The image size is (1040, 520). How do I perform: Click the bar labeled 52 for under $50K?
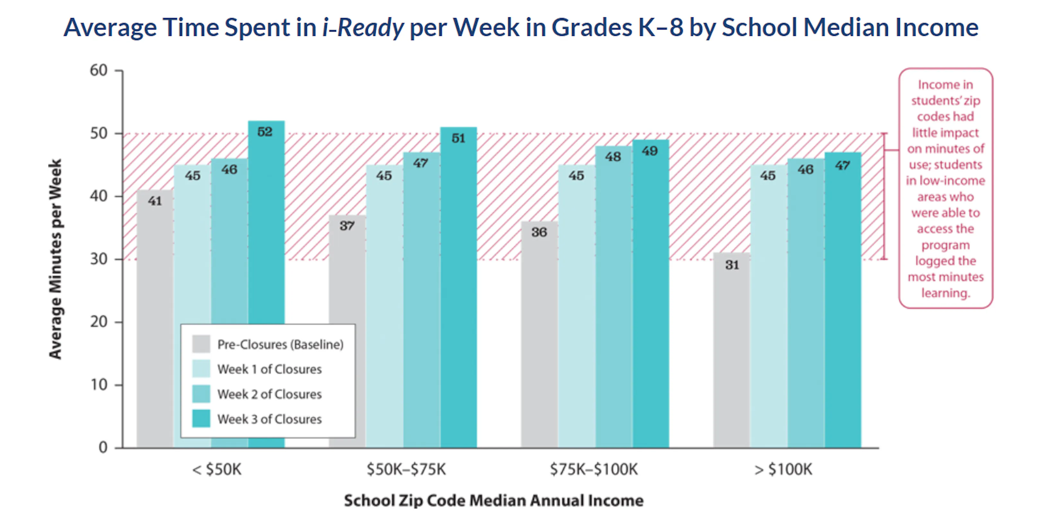(x=266, y=226)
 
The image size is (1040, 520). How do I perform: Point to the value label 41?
(x=155, y=201)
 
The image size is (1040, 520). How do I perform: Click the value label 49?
(x=650, y=151)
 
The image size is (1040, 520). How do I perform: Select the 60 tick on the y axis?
(x=99, y=71)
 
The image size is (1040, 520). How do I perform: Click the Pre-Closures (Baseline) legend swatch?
(x=201, y=344)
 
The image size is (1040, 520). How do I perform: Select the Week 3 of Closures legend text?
(x=269, y=419)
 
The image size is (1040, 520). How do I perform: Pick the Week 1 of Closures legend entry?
(x=269, y=369)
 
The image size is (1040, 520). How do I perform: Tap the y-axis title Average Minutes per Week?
(x=55, y=258)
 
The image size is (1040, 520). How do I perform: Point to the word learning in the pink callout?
(x=945, y=293)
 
